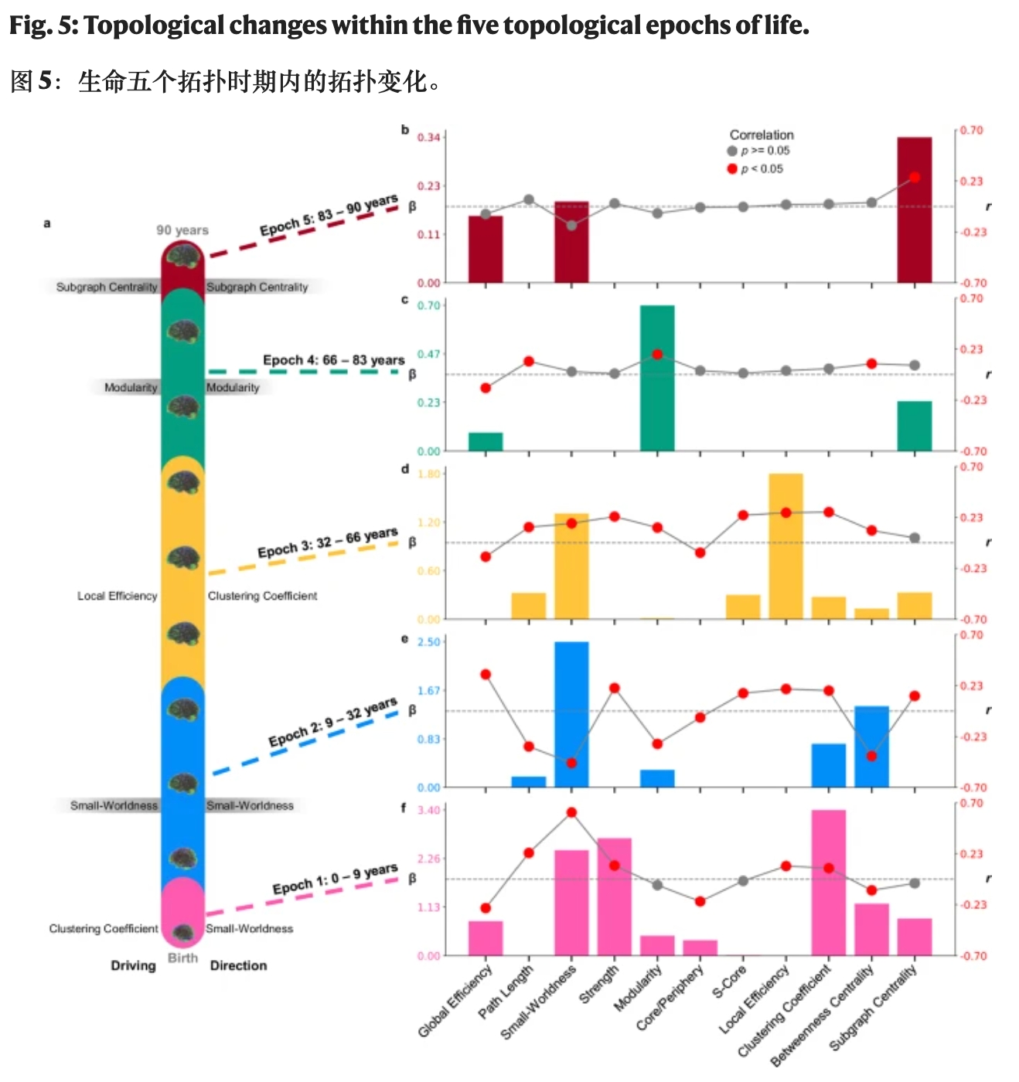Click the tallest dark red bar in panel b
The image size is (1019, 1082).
tap(914, 209)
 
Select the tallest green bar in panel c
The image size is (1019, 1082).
tap(656, 378)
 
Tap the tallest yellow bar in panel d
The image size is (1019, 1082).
tap(786, 546)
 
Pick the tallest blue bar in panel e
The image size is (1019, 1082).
tap(571, 714)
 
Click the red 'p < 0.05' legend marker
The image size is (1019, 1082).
tap(732, 168)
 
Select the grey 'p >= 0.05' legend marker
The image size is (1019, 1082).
tap(732, 151)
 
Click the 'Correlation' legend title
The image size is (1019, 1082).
tap(762, 134)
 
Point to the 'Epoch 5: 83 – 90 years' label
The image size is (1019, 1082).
tap(329, 216)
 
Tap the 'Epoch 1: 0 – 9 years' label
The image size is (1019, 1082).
tap(335, 879)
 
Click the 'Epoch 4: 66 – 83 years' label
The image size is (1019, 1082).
tap(333, 360)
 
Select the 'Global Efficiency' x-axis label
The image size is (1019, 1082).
tap(456, 1000)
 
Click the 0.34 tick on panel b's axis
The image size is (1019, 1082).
tap(428, 138)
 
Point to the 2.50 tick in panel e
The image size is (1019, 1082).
tap(428, 642)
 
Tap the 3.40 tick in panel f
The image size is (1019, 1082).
tap(428, 810)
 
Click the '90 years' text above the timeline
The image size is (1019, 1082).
tap(182, 230)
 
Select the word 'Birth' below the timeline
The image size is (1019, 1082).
tap(183, 958)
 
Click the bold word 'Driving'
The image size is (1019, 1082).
tap(133, 965)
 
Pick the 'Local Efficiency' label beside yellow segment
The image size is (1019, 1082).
tap(117, 596)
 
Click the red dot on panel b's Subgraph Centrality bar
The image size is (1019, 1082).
tap(915, 178)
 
